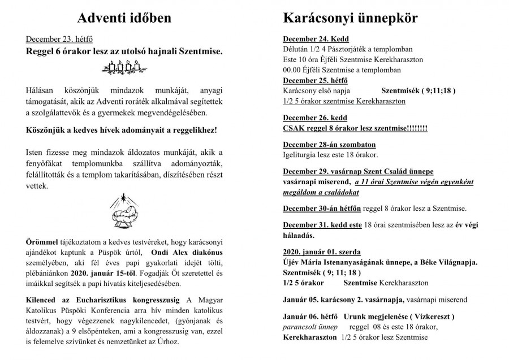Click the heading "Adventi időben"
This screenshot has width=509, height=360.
pyautogui.click(x=124, y=19)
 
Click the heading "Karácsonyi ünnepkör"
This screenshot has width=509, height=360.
pyautogui.click(x=350, y=19)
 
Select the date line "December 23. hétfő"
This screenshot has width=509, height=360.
pyautogui.click(x=59, y=40)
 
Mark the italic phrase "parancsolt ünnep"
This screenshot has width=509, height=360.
pyautogui.click(x=310, y=327)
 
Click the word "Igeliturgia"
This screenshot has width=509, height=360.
pyautogui.click(x=300, y=155)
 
